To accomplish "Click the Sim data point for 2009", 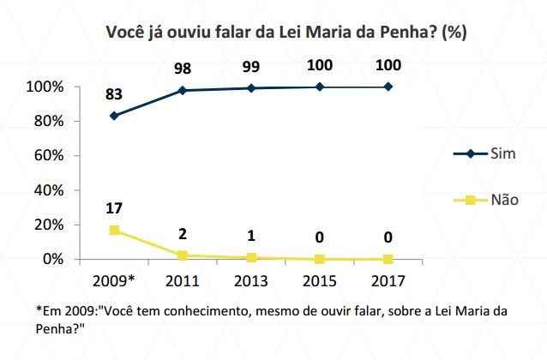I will pyautogui.click(x=114, y=116).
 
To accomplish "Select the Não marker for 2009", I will pyautogui.click(x=114, y=230).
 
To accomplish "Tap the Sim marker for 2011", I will pyautogui.click(x=183, y=90).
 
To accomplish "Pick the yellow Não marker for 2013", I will pyautogui.click(x=251, y=257).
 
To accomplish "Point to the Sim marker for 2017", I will pyautogui.click(x=388, y=87).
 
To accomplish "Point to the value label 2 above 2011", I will pyautogui.click(x=183, y=234).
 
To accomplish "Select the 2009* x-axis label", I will pyautogui.click(x=114, y=279).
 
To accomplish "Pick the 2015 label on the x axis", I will pyautogui.click(x=320, y=279).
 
